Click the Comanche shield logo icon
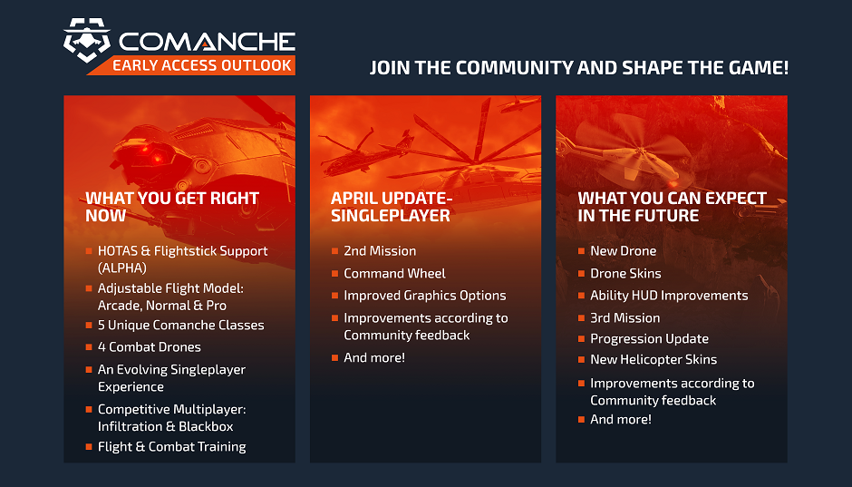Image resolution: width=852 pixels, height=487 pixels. pos(87,41)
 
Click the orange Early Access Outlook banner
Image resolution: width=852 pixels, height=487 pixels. pos(202,65)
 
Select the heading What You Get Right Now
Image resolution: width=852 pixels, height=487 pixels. pos(172,207)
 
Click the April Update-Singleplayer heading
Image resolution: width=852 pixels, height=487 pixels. pos(391,207)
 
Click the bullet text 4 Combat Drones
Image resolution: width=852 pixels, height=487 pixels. pos(150,347)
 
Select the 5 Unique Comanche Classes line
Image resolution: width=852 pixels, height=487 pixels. pos(181,325)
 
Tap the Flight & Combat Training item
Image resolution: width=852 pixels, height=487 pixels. pos(172,446)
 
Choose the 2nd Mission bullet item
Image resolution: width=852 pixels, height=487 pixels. pos(380,251)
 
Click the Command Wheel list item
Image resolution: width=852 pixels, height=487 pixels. pos(394,273)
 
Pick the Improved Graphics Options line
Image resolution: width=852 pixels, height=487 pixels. pos(425,296)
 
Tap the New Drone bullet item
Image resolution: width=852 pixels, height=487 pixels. pos(623,251)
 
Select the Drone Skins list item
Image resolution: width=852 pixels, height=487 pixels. pos(625,273)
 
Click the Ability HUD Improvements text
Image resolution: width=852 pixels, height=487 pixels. pos(669,296)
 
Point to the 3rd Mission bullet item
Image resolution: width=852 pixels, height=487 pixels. pos(624,318)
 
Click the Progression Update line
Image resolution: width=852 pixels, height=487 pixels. pos(649,338)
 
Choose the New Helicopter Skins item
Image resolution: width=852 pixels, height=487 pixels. pos(654,359)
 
